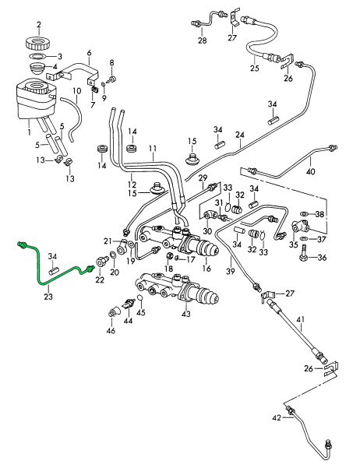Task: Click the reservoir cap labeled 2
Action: tap(39, 43)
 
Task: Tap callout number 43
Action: tap(186, 314)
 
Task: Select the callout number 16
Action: tap(206, 269)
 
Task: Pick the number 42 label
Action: tap(277, 418)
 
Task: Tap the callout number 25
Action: tap(255, 69)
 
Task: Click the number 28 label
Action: tap(203, 40)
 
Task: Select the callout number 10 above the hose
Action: tap(76, 90)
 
